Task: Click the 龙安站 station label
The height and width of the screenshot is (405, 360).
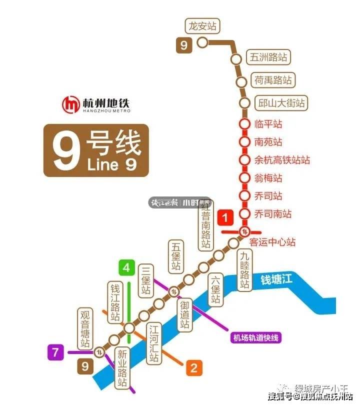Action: (x=203, y=26)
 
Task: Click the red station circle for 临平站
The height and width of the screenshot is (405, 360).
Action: (x=244, y=124)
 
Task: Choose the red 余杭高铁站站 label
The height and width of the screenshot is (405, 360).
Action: (x=282, y=160)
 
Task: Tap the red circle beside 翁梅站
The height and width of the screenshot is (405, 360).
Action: (x=244, y=178)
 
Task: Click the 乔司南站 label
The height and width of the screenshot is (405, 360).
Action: (x=272, y=214)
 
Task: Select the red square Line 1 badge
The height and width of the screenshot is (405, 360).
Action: (x=226, y=218)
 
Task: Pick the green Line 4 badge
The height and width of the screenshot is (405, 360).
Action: (x=126, y=268)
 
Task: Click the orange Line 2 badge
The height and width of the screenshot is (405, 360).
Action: (x=193, y=368)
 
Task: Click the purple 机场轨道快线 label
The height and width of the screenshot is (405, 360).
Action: (x=256, y=337)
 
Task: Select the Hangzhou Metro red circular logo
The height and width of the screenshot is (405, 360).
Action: (x=70, y=104)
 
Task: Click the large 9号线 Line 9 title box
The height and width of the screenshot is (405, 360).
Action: (x=96, y=150)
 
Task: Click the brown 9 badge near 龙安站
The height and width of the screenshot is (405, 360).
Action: (x=183, y=45)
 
